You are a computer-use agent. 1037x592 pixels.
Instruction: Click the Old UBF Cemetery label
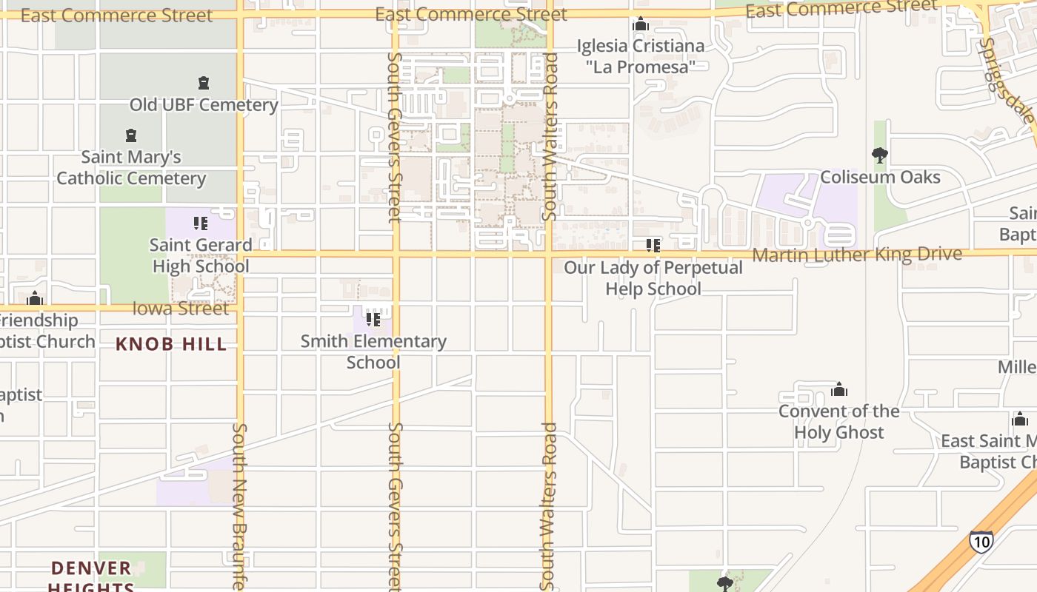[x=204, y=105]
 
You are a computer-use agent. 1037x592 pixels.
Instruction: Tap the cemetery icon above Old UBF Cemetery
[x=204, y=83]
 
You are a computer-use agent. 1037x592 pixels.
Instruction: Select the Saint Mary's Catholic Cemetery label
[x=131, y=168]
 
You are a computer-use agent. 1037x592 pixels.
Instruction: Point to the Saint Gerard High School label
[x=201, y=255]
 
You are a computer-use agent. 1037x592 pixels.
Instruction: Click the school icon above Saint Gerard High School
[x=200, y=223]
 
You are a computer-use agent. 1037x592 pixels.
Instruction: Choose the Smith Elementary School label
[x=373, y=351]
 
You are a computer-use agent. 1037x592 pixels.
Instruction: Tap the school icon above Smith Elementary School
[x=373, y=319]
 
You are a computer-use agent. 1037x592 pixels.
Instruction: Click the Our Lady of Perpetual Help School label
[x=653, y=278]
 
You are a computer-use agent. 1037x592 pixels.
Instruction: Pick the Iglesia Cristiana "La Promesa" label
[x=641, y=56]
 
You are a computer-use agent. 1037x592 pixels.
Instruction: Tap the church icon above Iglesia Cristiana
[x=641, y=24]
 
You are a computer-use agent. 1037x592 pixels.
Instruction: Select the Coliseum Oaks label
[x=880, y=178]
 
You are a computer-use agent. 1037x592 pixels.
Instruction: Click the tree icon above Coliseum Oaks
[x=880, y=155]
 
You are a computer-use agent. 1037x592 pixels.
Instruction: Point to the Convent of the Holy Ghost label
[x=838, y=422]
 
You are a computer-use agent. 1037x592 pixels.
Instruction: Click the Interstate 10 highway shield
[x=981, y=541]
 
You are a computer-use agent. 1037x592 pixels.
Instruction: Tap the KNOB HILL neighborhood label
[x=171, y=344]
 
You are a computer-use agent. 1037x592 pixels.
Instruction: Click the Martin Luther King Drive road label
[x=857, y=255]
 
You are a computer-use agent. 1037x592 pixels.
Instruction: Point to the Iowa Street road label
[x=181, y=309]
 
